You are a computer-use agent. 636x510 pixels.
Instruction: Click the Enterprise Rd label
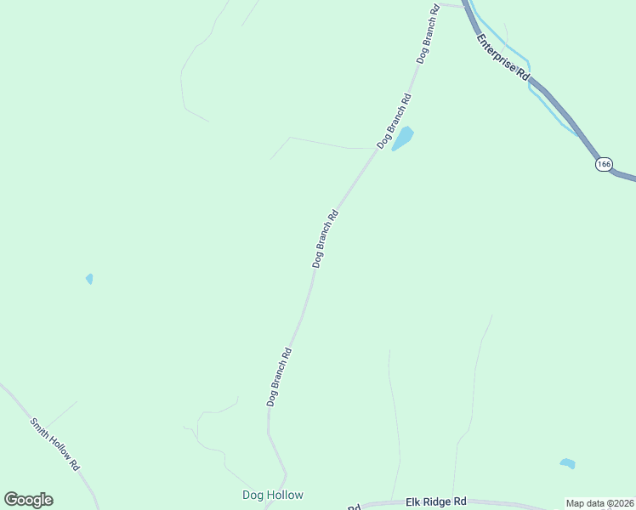[503, 58]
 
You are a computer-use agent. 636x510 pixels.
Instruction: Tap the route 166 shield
[604, 164]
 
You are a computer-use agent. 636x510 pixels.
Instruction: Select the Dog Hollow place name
[272, 495]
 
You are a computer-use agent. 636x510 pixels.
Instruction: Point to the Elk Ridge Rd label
[436, 501]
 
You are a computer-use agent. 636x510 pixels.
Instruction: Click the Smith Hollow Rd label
[54, 445]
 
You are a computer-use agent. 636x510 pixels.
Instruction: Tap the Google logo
[28, 500]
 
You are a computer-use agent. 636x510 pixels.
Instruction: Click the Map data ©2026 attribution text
[600, 503]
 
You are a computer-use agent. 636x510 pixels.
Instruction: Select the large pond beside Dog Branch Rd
[402, 138]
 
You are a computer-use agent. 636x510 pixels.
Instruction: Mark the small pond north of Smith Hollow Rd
[89, 278]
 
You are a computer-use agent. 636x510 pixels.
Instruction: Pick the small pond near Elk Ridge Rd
[567, 463]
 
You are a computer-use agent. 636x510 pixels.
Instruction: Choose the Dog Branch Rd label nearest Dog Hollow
[279, 377]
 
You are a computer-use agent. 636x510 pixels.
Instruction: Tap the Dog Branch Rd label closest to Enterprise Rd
[428, 34]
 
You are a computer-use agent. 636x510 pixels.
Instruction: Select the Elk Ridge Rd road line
[510, 502]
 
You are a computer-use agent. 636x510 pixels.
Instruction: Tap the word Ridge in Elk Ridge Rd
[435, 501]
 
